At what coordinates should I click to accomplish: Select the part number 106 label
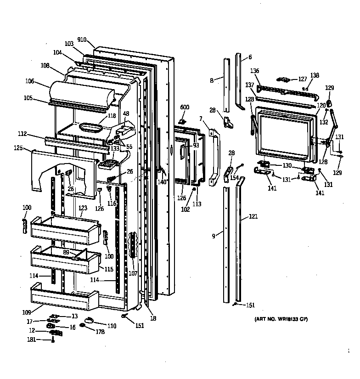(30, 81)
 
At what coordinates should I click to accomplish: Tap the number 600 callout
(184, 107)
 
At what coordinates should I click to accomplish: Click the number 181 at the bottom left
(31, 340)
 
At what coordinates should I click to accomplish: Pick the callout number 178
(100, 331)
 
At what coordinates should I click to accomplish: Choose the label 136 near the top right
(254, 71)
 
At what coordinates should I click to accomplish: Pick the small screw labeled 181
(53, 340)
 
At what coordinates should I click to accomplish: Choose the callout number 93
(196, 145)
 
